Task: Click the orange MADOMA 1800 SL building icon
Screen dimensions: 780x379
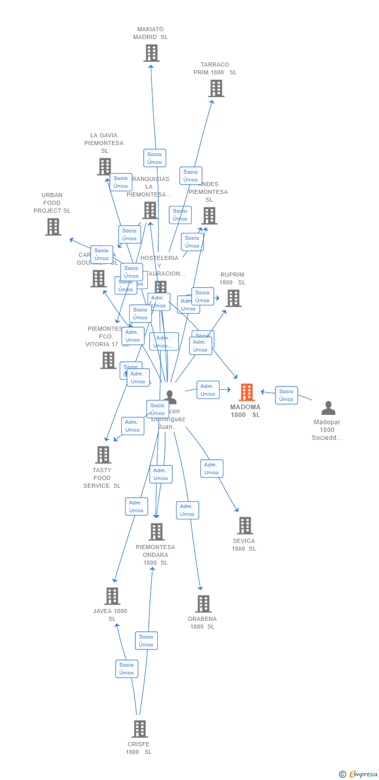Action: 246,392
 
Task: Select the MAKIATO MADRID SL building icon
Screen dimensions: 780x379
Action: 151,53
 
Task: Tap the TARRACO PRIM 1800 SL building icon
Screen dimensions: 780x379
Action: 216,88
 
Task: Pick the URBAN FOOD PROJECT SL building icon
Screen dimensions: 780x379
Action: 53,227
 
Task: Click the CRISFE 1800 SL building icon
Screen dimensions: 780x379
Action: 139,729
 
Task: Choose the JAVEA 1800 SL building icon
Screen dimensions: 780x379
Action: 112,596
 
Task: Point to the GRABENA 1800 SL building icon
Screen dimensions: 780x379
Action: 203,604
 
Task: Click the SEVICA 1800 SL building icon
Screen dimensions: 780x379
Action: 245,526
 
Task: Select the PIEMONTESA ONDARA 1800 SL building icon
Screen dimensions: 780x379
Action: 156,532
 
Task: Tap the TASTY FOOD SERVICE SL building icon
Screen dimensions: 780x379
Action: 103,455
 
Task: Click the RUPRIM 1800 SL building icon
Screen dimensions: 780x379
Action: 233,298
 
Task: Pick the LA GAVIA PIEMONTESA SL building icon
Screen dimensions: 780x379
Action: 104,166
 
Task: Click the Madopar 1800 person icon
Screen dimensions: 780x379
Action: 328,408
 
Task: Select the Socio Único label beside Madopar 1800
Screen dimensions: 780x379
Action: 286,395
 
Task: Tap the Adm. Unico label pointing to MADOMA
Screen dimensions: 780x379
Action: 208,390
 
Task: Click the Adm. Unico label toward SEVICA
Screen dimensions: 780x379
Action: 211,469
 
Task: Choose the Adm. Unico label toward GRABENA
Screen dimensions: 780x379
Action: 187,510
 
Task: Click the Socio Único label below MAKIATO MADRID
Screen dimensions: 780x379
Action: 155,158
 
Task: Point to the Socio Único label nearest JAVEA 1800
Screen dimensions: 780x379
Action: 127,669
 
